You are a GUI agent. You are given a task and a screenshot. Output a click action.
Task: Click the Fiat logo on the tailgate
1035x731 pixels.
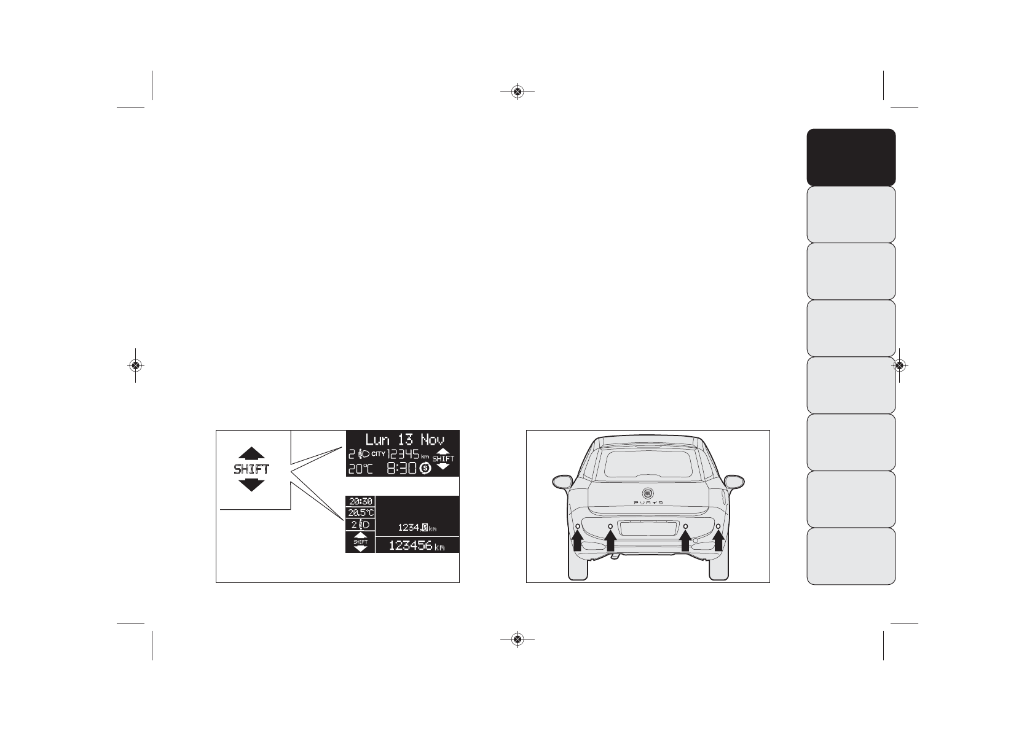pyautogui.click(x=648, y=493)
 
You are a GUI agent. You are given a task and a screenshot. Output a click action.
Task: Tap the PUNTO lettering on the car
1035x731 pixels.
pyautogui.click(x=648, y=502)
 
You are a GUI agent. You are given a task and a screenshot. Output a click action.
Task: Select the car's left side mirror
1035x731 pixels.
pyautogui.click(x=562, y=481)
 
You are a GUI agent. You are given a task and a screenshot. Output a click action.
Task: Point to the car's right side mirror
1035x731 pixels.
pyautogui.click(x=734, y=481)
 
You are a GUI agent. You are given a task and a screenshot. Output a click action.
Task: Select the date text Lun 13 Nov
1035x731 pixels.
pyautogui.click(x=404, y=440)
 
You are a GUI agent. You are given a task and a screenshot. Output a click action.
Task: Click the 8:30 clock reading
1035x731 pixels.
pyautogui.click(x=401, y=469)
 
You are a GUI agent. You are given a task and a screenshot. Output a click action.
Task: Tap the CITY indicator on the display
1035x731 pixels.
pyautogui.click(x=378, y=454)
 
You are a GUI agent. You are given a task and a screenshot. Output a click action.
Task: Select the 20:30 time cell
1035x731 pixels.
pyautogui.click(x=360, y=501)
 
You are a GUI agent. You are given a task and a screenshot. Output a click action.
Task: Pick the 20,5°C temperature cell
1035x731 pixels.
pyautogui.click(x=360, y=512)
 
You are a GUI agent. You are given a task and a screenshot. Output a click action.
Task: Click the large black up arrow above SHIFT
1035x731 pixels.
pyautogui.click(x=251, y=454)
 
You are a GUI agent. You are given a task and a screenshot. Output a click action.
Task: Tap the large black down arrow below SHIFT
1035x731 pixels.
pyautogui.click(x=251, y=485)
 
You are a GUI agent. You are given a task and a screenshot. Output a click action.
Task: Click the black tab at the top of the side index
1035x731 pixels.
pyautogui.click(x=851, y=157)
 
